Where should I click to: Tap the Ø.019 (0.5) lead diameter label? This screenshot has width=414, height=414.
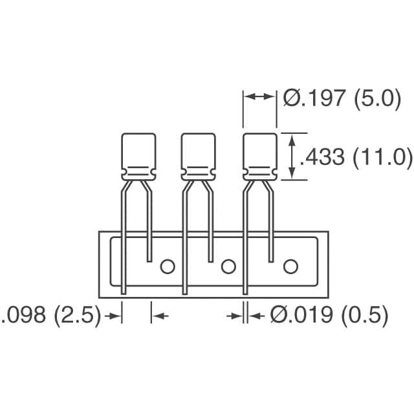tap(329, 316)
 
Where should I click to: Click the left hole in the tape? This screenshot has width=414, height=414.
tap(168, 266)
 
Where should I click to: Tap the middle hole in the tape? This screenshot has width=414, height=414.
tap(228, 266)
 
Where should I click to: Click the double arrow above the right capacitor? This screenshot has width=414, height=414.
tap(259, 96)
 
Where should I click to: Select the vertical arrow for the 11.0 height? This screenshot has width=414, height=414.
tap(293, 156)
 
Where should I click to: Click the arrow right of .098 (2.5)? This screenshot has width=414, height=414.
tap(114, 316)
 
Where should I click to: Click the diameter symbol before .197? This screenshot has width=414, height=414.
tap(290, 100)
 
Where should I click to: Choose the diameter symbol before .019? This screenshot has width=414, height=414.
tap(278, 316)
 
